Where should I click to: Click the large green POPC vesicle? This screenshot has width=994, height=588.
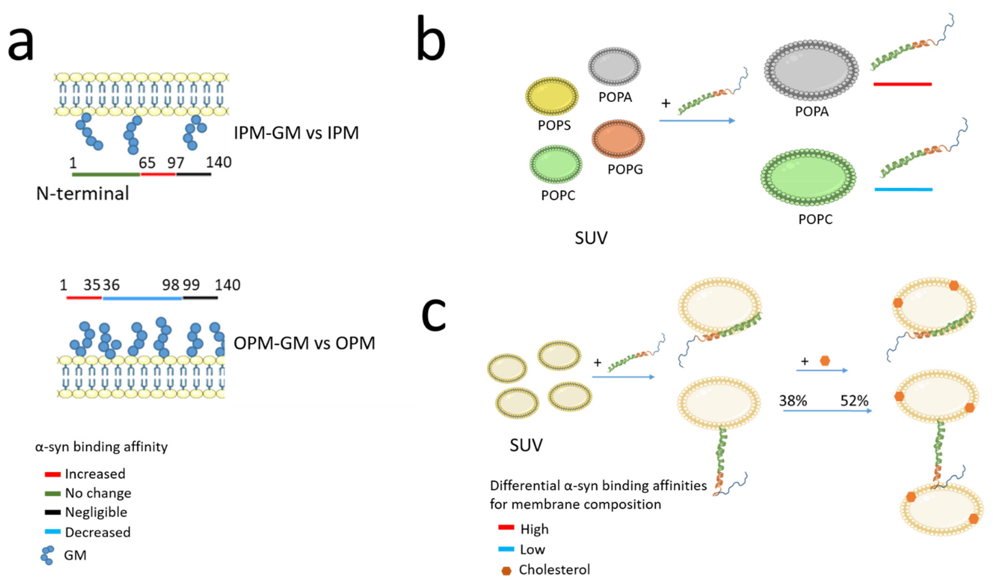coord(808,178)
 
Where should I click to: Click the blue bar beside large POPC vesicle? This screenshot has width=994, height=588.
coord(903,189)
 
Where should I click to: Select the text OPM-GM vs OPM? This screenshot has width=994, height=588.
coord(304,343)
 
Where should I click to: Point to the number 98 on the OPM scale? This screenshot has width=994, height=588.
coord(170,285)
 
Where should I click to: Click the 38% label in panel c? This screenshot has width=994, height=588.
coord(793,401)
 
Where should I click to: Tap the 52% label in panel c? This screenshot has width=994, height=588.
coord(854,401)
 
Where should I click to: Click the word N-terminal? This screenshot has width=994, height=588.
coord(83,194)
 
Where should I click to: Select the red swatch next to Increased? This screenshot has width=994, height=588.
coord(52,474)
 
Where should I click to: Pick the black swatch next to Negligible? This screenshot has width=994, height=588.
coord(52,512)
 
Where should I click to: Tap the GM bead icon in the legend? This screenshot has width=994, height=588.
coord(47,555)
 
